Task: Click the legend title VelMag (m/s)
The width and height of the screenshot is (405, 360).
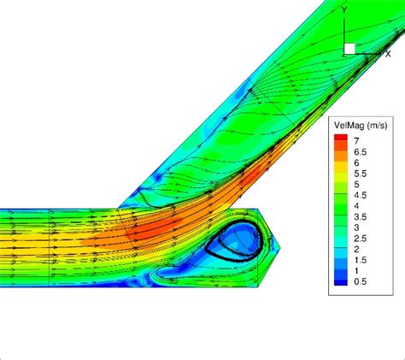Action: click(363, 126)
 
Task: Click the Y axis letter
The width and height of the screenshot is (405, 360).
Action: click(343, 33)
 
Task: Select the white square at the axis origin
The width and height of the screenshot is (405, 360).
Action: click(349, 49)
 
